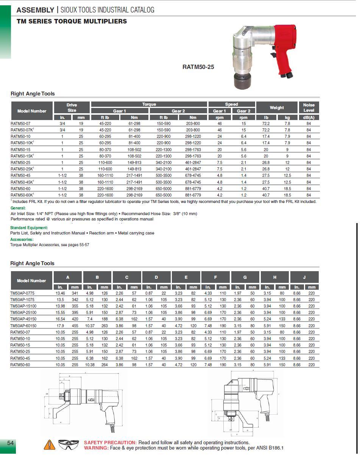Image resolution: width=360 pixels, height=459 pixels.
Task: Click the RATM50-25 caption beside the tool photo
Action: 198,67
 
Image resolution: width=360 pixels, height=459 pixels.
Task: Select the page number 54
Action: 11,443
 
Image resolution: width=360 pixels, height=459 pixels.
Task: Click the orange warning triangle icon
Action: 49,445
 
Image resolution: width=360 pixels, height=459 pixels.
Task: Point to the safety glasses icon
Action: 69,445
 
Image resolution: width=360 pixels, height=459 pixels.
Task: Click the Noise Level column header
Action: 309,108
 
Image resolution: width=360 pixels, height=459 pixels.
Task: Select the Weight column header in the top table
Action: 277,108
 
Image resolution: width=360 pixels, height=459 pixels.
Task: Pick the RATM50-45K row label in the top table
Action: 22,182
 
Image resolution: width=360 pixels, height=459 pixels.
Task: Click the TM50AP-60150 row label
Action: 23,326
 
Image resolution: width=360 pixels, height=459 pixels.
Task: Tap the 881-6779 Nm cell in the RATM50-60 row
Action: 193,188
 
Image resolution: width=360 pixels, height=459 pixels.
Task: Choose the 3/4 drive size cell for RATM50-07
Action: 62,123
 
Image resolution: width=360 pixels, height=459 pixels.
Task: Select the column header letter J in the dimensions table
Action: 304,277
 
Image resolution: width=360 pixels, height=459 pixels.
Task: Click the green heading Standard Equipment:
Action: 29,228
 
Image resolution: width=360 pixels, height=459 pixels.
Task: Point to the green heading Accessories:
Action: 22,239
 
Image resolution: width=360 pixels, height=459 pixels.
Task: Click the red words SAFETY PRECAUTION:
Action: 110,442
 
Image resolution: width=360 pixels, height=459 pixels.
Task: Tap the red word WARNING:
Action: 96,448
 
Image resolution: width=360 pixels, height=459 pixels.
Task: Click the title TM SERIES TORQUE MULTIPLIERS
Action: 72,21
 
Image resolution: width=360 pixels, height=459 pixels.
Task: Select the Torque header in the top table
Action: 149,104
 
